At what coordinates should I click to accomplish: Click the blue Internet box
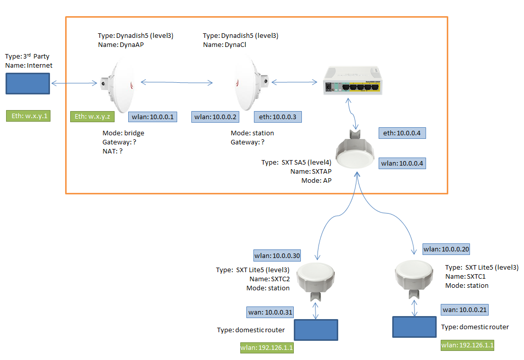pos(28,83)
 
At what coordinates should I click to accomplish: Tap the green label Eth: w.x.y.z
pos(93,117)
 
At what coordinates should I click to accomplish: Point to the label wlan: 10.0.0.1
pos(152,117)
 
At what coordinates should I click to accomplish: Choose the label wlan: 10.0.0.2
pos(216,117)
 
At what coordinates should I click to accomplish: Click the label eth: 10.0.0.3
pos(278,117)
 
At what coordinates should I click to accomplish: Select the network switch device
pos(352,81)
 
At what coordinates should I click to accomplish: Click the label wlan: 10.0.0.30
pos(277,255)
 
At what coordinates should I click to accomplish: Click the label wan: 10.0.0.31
pos(269,313)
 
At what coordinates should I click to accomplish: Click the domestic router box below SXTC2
pos(316,330)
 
